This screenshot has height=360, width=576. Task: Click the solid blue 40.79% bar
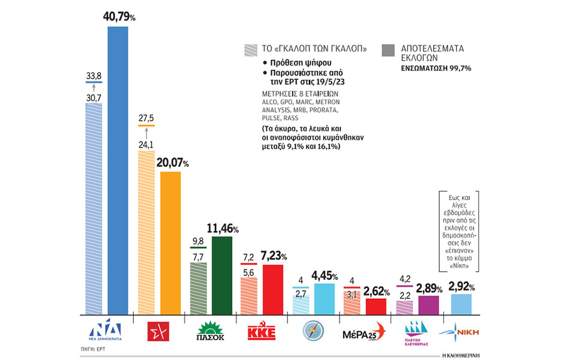[x=118, y=170]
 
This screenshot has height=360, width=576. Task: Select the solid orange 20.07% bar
[x=170, y=243]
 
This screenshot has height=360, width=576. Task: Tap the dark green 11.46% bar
[x=222, y=275]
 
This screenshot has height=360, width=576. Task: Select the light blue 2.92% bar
[x=461, y=305]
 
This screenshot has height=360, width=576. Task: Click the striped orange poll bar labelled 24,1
[x=147, y=233]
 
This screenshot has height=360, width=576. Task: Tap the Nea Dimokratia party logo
[x=105, y=332]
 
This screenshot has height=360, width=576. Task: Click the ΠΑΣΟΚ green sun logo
[x=210, y=332]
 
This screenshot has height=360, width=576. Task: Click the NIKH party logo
[x=463, y=332]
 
